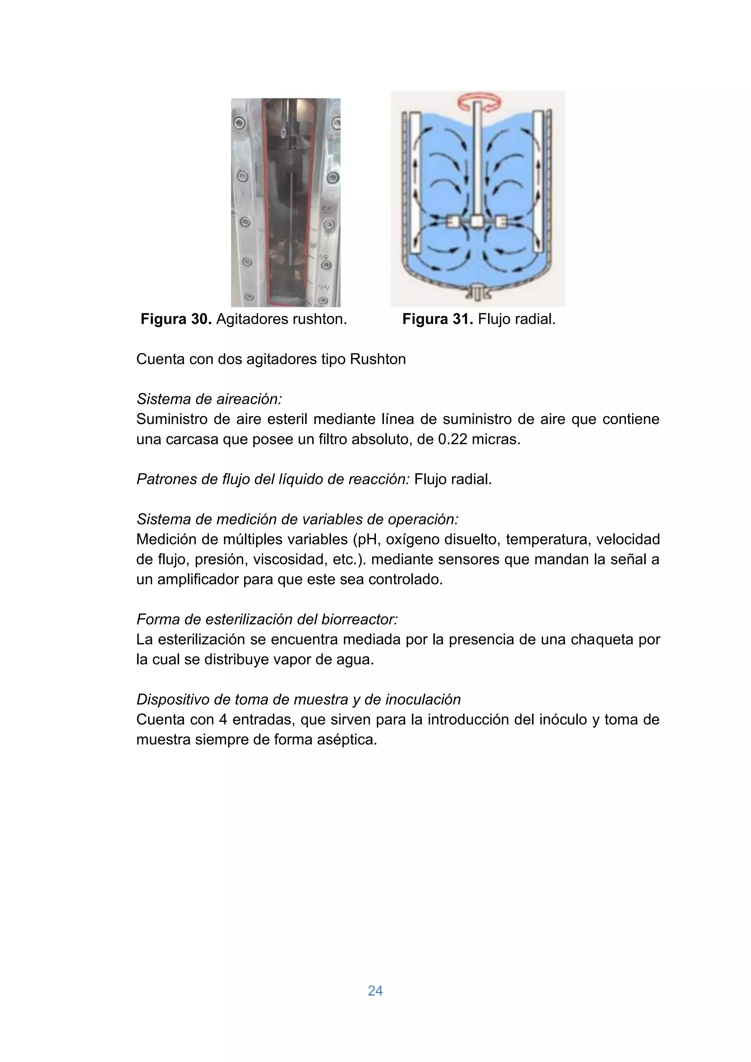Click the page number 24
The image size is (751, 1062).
point(375,990)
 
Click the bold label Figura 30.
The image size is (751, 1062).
point(176,319)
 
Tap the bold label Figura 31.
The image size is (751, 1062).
point(437,319)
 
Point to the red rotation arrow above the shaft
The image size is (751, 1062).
point(479,102)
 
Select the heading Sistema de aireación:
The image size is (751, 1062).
point(209,399)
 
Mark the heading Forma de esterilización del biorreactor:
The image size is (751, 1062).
point(267,619)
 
